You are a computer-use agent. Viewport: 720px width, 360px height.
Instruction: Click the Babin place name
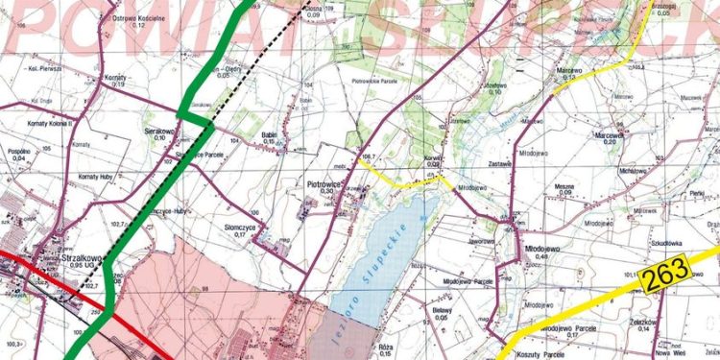(269, 135)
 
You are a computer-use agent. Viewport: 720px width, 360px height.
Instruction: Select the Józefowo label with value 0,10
(493, 85)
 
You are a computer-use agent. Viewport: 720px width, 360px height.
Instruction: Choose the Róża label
(386, 346)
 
